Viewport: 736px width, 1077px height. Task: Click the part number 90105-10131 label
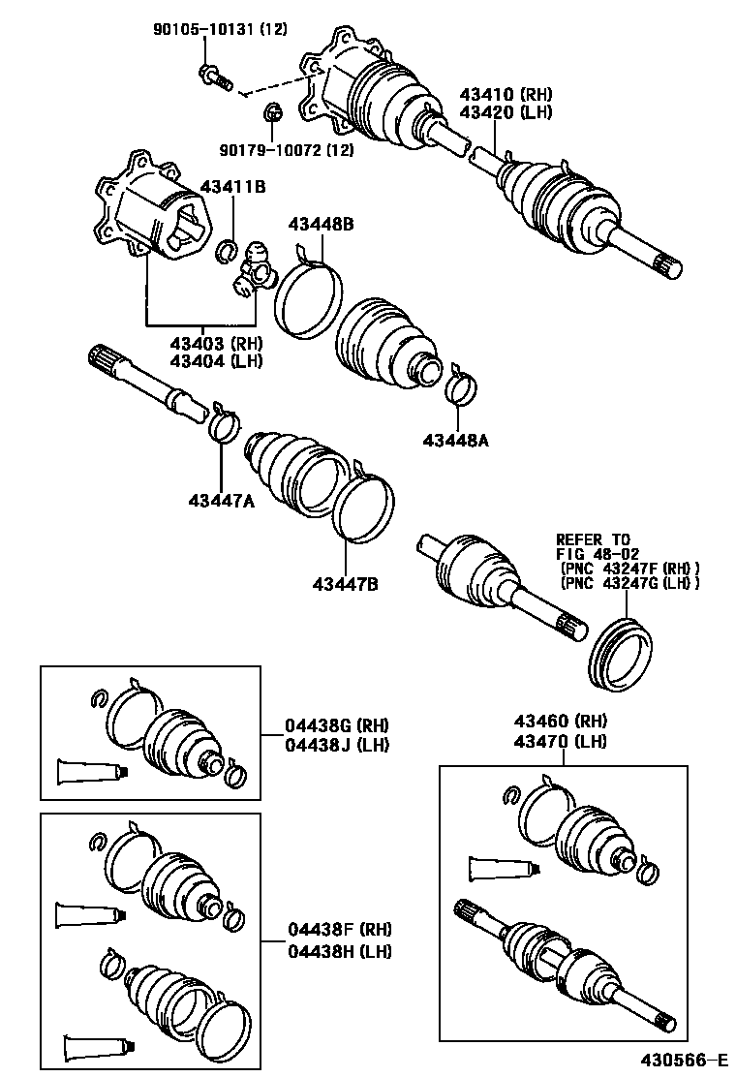click(220, 30)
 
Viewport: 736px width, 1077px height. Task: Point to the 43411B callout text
click(232, 186)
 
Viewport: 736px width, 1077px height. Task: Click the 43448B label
click(321, 224)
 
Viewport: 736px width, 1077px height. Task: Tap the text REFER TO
click(592, 538)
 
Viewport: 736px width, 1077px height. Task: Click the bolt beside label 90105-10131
click(214, 75)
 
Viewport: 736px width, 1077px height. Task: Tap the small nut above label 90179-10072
click(272, 115)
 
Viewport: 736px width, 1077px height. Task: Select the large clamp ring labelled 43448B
click(309, 299)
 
